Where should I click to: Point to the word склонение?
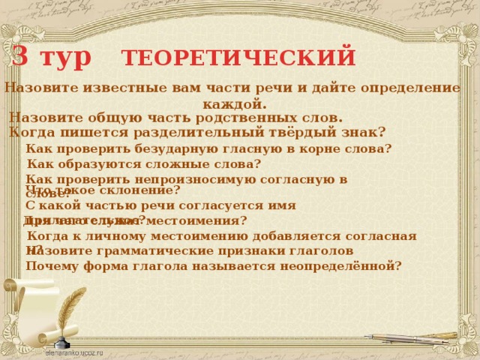pos(140,190)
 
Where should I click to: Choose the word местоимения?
pos(192,220)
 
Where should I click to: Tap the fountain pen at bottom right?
pos(412,338)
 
